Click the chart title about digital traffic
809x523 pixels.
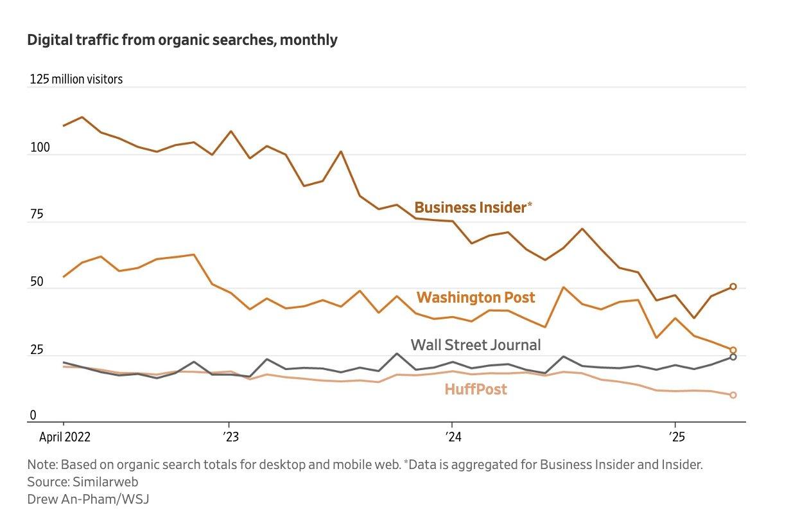coord(182,40)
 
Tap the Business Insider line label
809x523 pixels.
coord(473,208)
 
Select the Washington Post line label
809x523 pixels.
coord(476,297)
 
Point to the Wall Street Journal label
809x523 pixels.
coord(476,345)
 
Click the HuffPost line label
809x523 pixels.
coord(476,389)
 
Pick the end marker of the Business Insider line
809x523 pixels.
coord(733,287)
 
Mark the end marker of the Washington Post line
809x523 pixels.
coord(733,350)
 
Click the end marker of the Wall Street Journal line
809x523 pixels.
coord(733,357)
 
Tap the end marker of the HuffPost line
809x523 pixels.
coord(733,395)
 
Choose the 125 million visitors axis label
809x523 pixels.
coord(76,80)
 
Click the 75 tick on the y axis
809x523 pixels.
coord(36,215)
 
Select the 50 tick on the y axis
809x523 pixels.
coord(36,283)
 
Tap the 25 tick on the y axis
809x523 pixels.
coord(36,350)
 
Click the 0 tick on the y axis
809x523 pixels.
coord(33,416)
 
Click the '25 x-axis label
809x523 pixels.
coord(675,438)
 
